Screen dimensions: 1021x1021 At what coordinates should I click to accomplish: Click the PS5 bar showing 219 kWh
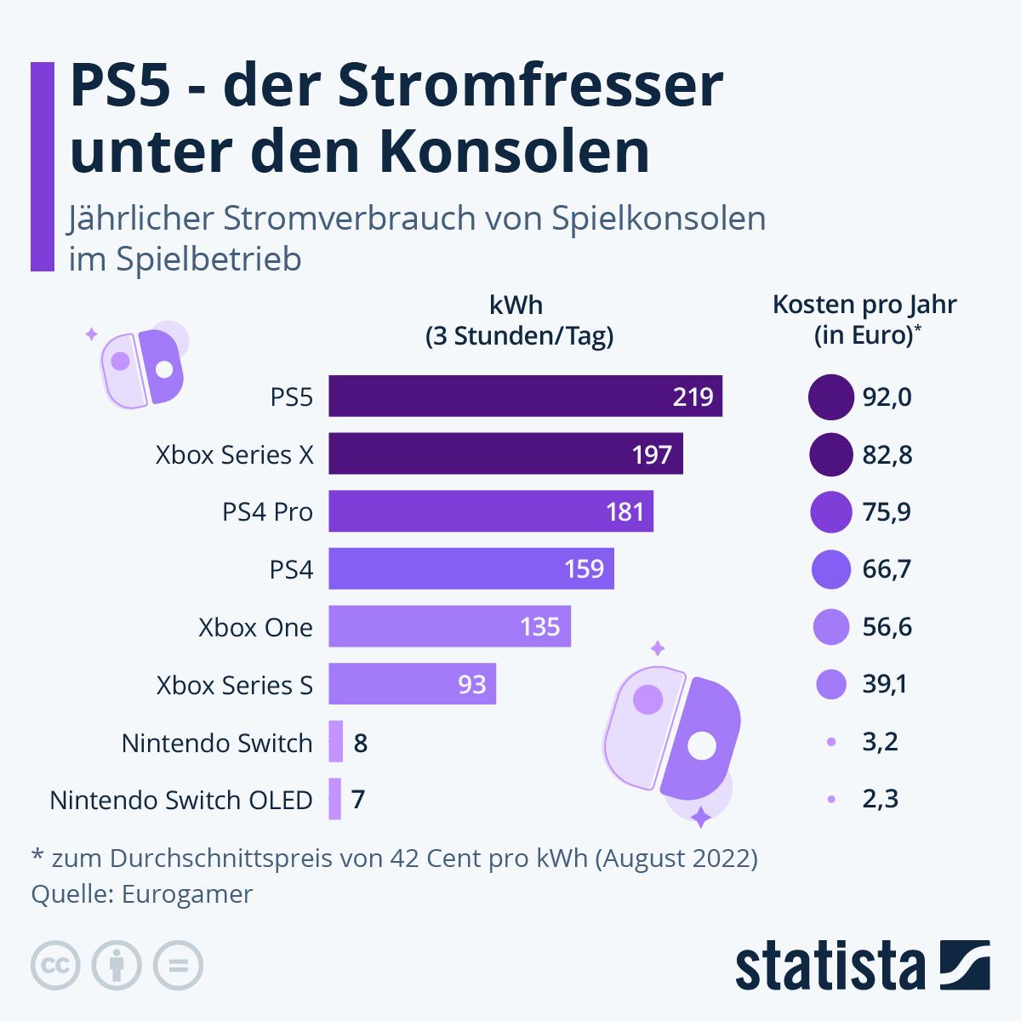tap(525, 396)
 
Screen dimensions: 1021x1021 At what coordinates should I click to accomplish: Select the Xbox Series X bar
tap(505, 454)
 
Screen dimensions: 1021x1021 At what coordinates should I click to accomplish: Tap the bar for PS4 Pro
tap(491, 511)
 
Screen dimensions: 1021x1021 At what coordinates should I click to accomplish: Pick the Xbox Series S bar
tap(412, 684)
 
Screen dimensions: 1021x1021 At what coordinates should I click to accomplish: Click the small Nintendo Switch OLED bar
tap(335, 799)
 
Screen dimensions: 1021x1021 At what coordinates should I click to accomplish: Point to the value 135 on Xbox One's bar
tap(539, 627)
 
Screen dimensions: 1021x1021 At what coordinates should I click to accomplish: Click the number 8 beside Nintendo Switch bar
tap(361, 743)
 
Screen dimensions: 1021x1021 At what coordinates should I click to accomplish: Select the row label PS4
tap(291, 569)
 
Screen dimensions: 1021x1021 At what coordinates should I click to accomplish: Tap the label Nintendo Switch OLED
tap(181, 800)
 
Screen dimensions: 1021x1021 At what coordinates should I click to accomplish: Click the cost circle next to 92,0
tap(830, 397)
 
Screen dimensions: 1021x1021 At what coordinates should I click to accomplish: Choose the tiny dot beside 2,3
tap(831, 799)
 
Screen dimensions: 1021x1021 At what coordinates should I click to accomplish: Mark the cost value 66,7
tap(887, 569)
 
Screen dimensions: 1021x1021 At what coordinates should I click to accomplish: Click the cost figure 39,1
tap(885, 684)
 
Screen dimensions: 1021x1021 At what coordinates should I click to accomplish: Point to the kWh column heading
tap(516, 305)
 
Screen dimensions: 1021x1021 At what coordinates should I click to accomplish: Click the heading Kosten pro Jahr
tap(864, 305)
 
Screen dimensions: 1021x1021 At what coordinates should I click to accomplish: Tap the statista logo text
tap(830, 967)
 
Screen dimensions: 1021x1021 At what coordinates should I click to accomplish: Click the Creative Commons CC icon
tap(55, 966)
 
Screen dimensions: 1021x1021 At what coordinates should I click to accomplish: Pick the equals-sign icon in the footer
tap(178, 966)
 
